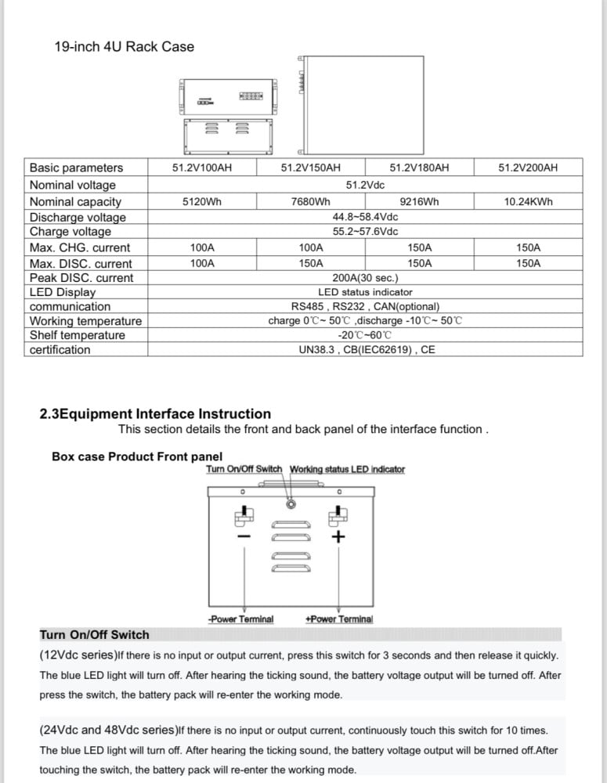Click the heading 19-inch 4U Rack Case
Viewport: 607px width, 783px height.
tap(124, 47)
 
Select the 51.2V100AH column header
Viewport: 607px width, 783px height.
tap(202, 168)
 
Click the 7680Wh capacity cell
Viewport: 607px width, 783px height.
tap(310, 202)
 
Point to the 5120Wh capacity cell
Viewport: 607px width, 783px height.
tap(202, 202)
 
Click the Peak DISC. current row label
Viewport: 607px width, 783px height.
tap(81, 278)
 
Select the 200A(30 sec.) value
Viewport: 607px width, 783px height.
tap(365, 278)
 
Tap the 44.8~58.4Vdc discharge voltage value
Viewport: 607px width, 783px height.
tap(365, 217)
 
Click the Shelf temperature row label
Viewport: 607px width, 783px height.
tap(77, 335)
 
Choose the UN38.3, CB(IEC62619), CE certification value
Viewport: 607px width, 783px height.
tap(367, 350)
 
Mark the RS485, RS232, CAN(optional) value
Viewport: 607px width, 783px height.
tap(365, 307)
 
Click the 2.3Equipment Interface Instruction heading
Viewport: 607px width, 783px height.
tap(155, 413)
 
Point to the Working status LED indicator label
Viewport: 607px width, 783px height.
tap(347, 470)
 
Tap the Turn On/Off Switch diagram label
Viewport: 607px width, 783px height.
tap(244, 470)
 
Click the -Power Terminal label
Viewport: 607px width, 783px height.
tap(241, 619)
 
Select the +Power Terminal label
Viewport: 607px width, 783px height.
tap(339, 619)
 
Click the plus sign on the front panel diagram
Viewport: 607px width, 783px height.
tap(338, 537)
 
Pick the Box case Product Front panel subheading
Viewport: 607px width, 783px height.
tap(137, 456)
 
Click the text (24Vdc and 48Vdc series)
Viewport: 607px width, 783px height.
tap(108, 730)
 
